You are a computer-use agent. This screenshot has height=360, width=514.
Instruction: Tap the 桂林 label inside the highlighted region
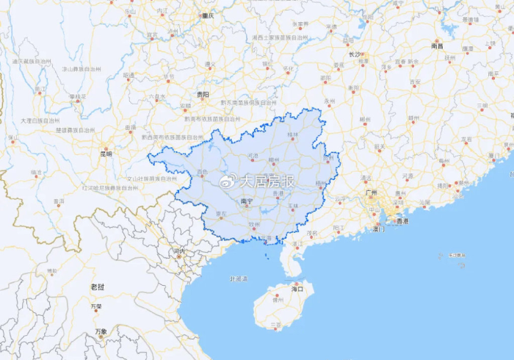click(293, 134)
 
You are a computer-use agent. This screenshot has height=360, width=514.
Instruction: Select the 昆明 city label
click(106, 154)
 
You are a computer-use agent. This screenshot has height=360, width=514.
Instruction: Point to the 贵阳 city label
click(202, 95)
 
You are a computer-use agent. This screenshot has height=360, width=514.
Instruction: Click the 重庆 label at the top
click(208, 15)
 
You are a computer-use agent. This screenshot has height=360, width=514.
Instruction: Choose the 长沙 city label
click(355, 54)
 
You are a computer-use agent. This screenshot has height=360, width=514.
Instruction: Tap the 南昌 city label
click(437, 46)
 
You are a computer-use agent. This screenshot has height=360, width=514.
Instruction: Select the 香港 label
click(402, 220)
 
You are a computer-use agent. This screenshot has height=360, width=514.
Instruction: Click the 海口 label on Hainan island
click(297, 289)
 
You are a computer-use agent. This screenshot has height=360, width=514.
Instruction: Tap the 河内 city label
click(179, 251)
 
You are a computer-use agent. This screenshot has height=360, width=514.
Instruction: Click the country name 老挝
click(98, 286)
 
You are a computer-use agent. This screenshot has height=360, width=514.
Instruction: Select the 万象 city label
click(101, 331)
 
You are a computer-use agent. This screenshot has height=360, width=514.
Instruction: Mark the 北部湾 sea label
click(239, 278)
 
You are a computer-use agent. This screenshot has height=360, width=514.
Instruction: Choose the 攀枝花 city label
click(78, 96)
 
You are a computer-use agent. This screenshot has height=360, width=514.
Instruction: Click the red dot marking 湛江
click(297, 238)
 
